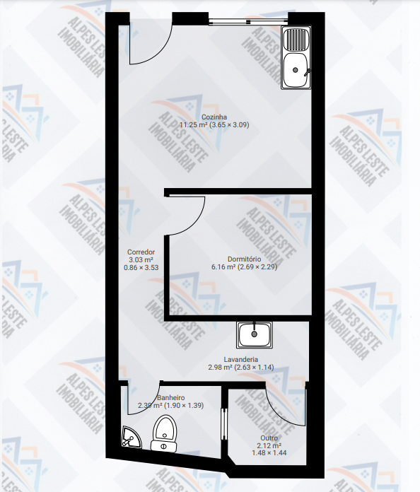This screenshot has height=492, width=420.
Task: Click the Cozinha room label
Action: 214,117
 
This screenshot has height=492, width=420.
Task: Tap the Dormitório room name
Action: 244,259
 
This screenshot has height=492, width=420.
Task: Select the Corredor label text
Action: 141,252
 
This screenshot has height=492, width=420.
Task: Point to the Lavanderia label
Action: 241,360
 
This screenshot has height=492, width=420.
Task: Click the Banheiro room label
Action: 171,398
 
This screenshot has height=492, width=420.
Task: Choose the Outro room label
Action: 269,438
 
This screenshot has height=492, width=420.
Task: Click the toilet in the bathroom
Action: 164,433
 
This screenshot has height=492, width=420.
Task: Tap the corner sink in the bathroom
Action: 130,437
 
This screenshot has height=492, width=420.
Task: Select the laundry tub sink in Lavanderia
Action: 255,335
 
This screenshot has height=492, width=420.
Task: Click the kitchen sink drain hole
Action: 295,70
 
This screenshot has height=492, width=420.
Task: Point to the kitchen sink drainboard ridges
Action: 296,40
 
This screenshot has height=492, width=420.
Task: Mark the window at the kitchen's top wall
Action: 248,21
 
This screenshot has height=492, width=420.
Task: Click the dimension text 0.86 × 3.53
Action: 141,268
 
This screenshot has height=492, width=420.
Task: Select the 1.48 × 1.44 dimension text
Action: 269,453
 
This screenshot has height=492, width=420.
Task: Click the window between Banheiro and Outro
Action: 224,424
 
